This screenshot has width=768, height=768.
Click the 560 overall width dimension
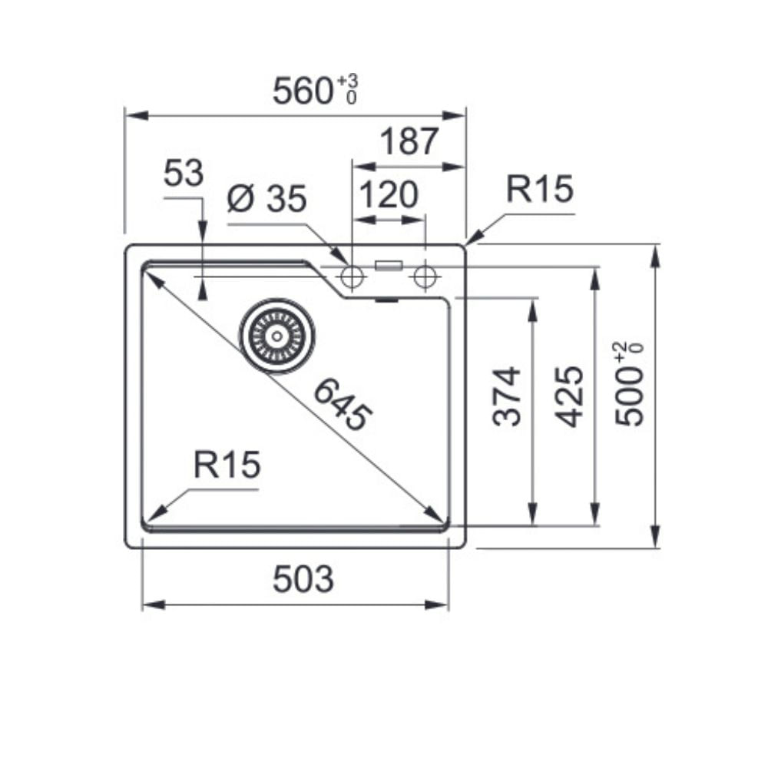303,91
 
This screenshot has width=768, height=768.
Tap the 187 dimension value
409,141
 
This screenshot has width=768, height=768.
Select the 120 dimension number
389,195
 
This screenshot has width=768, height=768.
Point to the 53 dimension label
184,173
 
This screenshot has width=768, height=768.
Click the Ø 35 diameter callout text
267,198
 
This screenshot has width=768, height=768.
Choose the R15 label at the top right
539,189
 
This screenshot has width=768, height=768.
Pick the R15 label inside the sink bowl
227,465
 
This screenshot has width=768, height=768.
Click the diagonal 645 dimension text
343,406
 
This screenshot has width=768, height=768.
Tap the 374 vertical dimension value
506,396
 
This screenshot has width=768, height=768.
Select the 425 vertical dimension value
569,396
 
